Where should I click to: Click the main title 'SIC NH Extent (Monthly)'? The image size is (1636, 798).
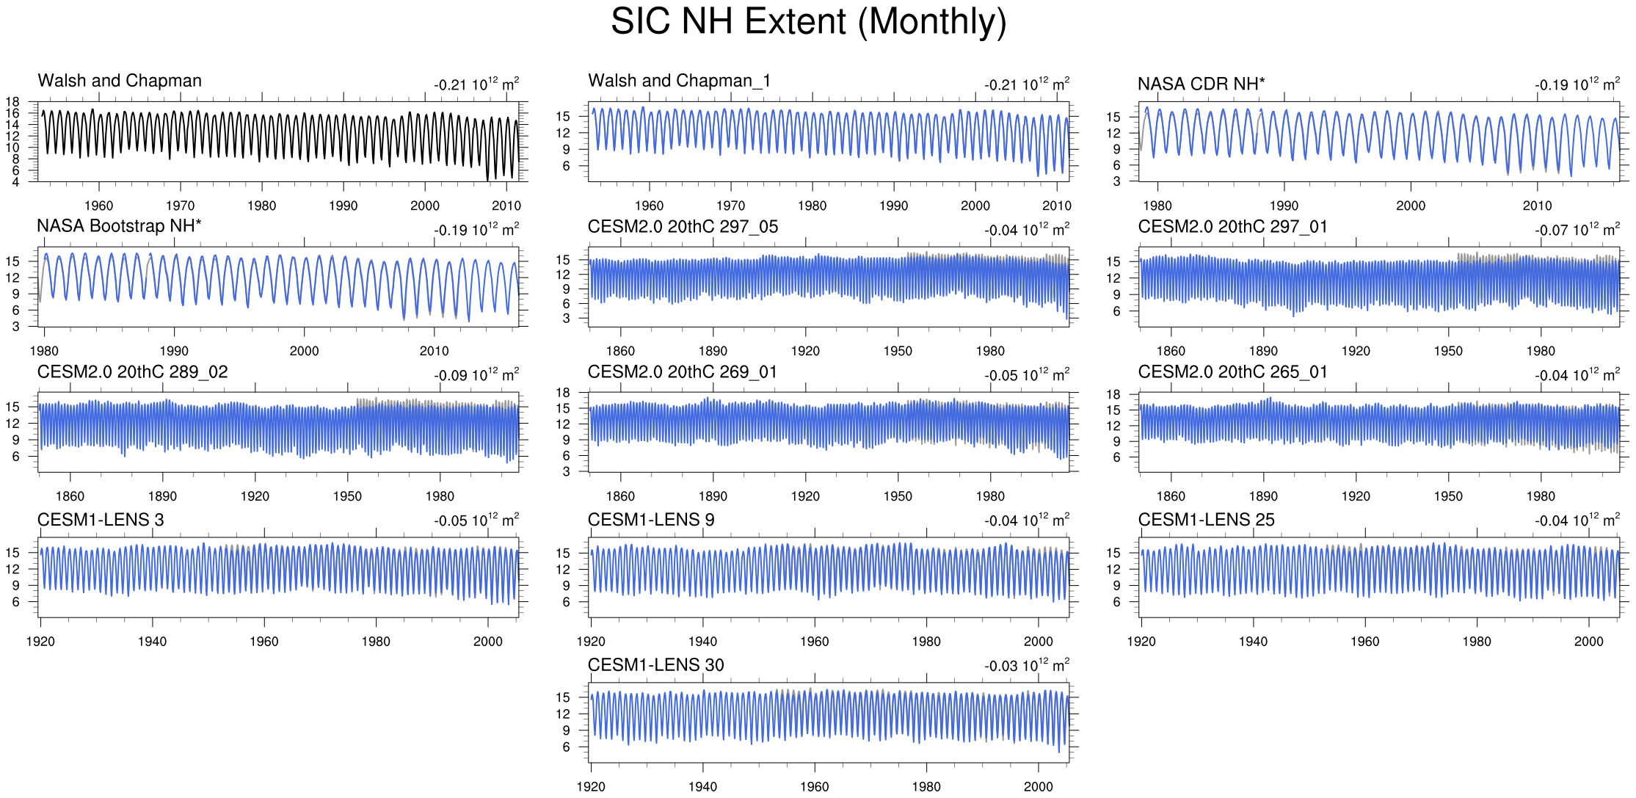point(808,22)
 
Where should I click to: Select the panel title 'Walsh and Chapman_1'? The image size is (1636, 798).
point(679,81)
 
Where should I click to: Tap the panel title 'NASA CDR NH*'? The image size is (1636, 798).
point(1201,84)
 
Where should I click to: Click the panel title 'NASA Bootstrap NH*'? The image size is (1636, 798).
point(119,226)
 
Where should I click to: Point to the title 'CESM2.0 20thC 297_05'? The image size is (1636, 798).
point(683,227)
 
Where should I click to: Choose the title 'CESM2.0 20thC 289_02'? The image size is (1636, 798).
point(132,372)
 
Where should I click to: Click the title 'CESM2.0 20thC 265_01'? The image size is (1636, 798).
point(1232,372)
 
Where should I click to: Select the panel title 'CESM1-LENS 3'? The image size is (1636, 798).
point(101,520)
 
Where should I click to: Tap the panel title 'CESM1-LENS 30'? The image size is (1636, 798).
point(655,665)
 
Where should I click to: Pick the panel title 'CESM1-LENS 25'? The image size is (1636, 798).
point(1206,520)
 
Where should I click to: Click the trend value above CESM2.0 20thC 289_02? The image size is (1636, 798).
point(476,375)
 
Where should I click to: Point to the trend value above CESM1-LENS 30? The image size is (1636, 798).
point(1027,666)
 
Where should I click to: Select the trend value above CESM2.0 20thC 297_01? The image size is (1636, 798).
point(1577,230)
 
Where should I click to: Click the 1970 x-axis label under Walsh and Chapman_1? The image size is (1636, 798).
point(730,206)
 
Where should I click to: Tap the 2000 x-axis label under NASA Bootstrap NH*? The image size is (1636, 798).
point(304,351)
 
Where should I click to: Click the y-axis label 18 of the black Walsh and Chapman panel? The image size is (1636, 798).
point(12,102)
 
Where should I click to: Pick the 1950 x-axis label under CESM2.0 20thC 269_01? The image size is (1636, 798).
point(898,496)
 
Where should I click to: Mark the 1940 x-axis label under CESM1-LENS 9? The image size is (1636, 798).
point(702,642)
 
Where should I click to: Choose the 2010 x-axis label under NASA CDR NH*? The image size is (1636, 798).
point(1537,206)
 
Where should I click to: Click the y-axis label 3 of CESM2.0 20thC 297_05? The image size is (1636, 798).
point(566,319)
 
